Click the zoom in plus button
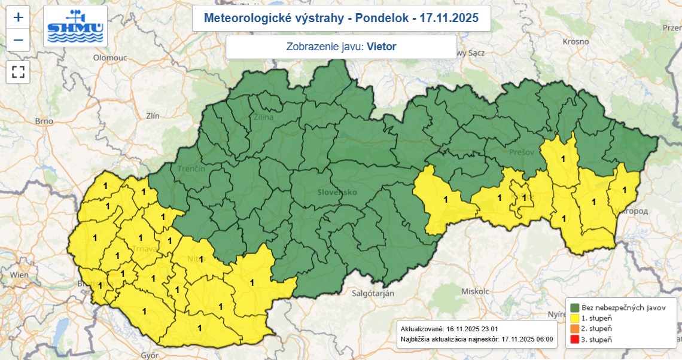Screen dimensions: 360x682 point(19,17)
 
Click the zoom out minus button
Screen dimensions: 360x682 point(19,40)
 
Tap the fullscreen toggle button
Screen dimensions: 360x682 point(19,72)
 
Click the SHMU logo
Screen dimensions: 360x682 point(75,26)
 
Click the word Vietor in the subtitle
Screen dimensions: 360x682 point(382,46)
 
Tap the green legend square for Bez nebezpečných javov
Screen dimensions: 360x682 point(575,307)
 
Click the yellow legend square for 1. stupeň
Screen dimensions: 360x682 point(575,318)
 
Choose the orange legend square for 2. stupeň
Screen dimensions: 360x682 point(575,329)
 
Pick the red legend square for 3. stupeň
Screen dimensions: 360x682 point(575,340)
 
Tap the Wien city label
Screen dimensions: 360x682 point(20,274)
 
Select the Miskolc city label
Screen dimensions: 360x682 point(476,291)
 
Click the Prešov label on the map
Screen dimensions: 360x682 point(521,153)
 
